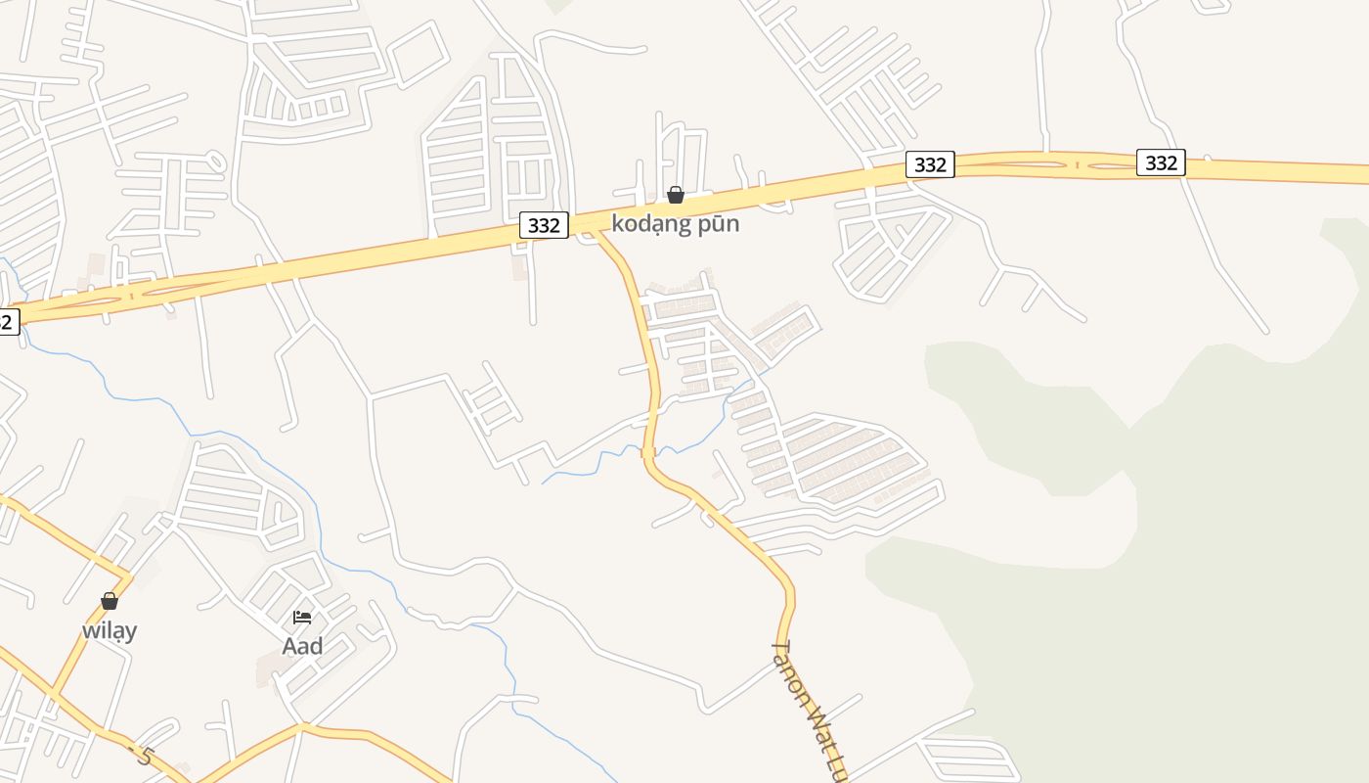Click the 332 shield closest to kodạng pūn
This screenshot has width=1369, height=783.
click(x=543, y=225)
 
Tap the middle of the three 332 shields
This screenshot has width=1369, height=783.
click(x=929, y=164)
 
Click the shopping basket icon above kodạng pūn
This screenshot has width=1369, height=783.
click(x=675, y=195)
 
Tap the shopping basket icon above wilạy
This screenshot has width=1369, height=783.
click(x=110, y=600)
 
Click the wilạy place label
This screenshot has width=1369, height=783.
click(x=110, y=630)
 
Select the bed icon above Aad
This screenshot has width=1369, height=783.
click(x=302, y=617)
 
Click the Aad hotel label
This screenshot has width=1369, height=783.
click(x=302, y=646)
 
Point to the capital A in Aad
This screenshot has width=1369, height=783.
click(x=289, y=646)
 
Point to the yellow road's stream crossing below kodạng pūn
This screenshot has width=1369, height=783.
click(x=647, y=452)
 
